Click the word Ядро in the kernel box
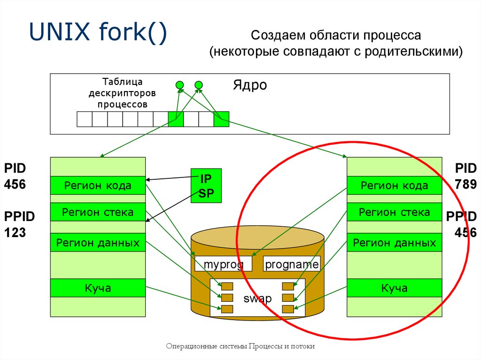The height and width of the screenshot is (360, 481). point(249,85)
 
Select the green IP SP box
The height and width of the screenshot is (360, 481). point(206,186)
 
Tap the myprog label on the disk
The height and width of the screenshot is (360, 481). point(223,264)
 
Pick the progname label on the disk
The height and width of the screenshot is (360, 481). point(292,264)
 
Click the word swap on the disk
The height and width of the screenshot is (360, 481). point(257,299)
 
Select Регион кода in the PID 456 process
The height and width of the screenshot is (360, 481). point(98,185)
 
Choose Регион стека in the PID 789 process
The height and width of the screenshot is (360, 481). point(394,212)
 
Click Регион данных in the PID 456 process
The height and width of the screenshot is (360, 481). point(98,243)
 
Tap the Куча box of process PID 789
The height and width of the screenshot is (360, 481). point(394,288)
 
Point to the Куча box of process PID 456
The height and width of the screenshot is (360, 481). point(98,288)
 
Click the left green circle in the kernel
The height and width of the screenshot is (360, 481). point(179,85)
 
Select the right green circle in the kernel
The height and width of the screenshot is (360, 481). point(198,85)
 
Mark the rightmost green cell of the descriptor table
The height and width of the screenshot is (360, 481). point(221,119)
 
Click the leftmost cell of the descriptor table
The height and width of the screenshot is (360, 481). point(85,119)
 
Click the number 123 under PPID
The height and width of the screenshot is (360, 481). point(15,232)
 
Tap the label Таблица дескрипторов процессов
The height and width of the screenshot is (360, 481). point(122,93)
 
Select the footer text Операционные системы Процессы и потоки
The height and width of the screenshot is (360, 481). point(240,346)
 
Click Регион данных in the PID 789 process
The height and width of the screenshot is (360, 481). point(394,243)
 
